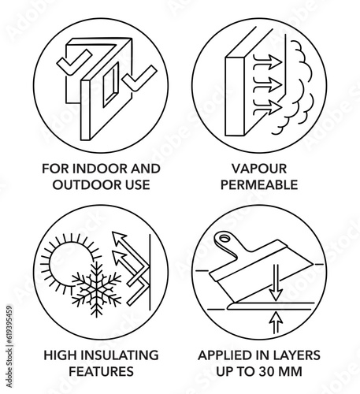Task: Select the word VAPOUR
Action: (x=259, y=169)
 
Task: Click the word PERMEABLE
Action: (x=259, y=185)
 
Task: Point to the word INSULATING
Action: (x=120, y=355)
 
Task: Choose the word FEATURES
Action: (x=101, y=372)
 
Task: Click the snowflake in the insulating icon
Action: (x=96, y=290)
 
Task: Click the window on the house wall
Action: (x=111, y=84)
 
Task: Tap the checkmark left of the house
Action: (x=74, y=62)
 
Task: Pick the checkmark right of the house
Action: (x=139, y=78)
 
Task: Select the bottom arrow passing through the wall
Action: (x=267, y=107)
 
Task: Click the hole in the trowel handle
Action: (x=224, y=239)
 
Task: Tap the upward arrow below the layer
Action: (x=276, y=322)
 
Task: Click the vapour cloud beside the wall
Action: (x=299, y=87)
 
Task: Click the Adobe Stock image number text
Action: (x=9, y=346)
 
